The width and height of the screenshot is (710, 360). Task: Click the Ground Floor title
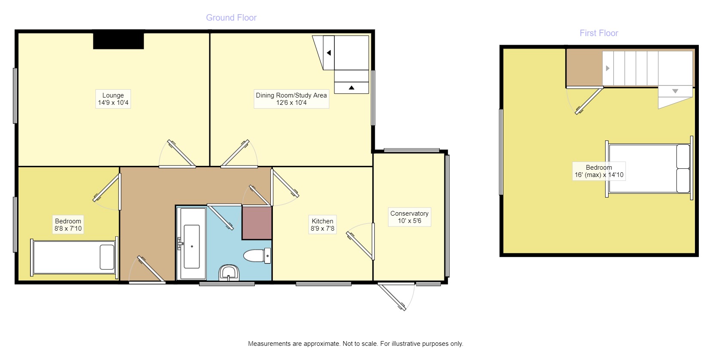pos(231,18)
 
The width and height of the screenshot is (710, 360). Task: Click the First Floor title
pos(598,33)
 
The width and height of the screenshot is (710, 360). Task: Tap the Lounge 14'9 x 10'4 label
pos(113,99)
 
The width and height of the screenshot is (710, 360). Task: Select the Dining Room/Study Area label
pos(291,99)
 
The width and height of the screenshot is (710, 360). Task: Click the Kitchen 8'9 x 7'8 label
pos(322,225)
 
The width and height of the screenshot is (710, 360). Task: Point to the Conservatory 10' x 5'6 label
pos(409,217)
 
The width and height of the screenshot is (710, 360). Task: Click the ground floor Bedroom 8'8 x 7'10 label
pos(68,225)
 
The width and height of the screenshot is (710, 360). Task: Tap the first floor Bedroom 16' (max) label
pos(598,171)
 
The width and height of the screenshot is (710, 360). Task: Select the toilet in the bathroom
pos(257,256)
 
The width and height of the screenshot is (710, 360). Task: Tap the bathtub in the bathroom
pos(192,244)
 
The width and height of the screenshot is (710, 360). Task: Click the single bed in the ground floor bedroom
pos(74,257)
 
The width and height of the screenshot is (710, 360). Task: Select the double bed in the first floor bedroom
pos(649,168)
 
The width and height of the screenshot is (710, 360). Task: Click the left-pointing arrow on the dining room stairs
pos(329,53)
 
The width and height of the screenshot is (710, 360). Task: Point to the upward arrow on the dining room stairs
pos(352,88)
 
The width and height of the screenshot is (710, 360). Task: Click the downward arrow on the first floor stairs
pos(675,91)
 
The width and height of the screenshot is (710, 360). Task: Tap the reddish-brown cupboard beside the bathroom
pos(257,223)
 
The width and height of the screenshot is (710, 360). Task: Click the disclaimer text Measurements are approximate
pos(355,344)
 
